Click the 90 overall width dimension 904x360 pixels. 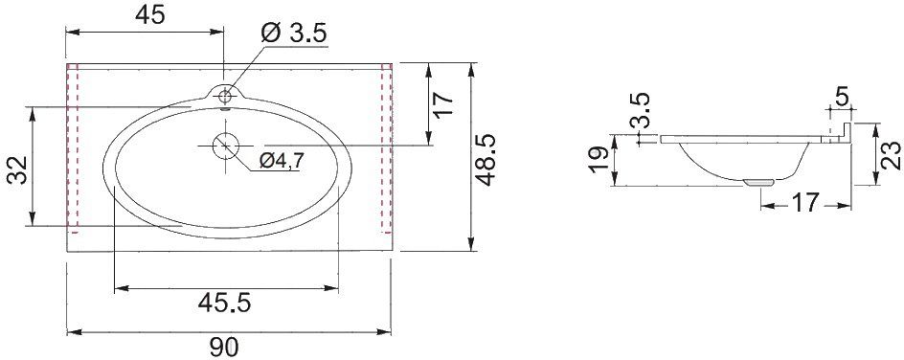click(x=224, y=348)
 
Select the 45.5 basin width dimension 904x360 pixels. click(x=224, y=303)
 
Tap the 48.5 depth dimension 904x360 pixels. click(x=486, y=160)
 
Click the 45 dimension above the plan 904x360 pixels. click(x=150, y=15)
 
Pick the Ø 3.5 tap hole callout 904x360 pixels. click(x=294, y=34)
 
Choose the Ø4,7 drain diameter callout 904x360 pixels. click(x=281, y=161)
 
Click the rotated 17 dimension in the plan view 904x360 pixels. click(x=444, y=104)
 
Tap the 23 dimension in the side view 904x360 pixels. click(x=891, y=155)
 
